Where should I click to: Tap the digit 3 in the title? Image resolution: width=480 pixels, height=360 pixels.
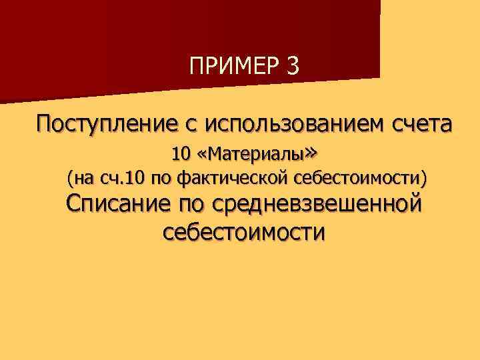click(x=294, y=67)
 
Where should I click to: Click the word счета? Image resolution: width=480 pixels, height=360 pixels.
click(x=416, y=123)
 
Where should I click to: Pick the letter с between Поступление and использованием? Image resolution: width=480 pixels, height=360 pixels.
click(x=191, y=125)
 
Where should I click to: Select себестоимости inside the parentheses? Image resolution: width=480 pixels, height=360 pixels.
click(x=357, y=178)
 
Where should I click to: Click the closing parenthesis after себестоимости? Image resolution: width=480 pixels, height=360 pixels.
click(x=423, y=178)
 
